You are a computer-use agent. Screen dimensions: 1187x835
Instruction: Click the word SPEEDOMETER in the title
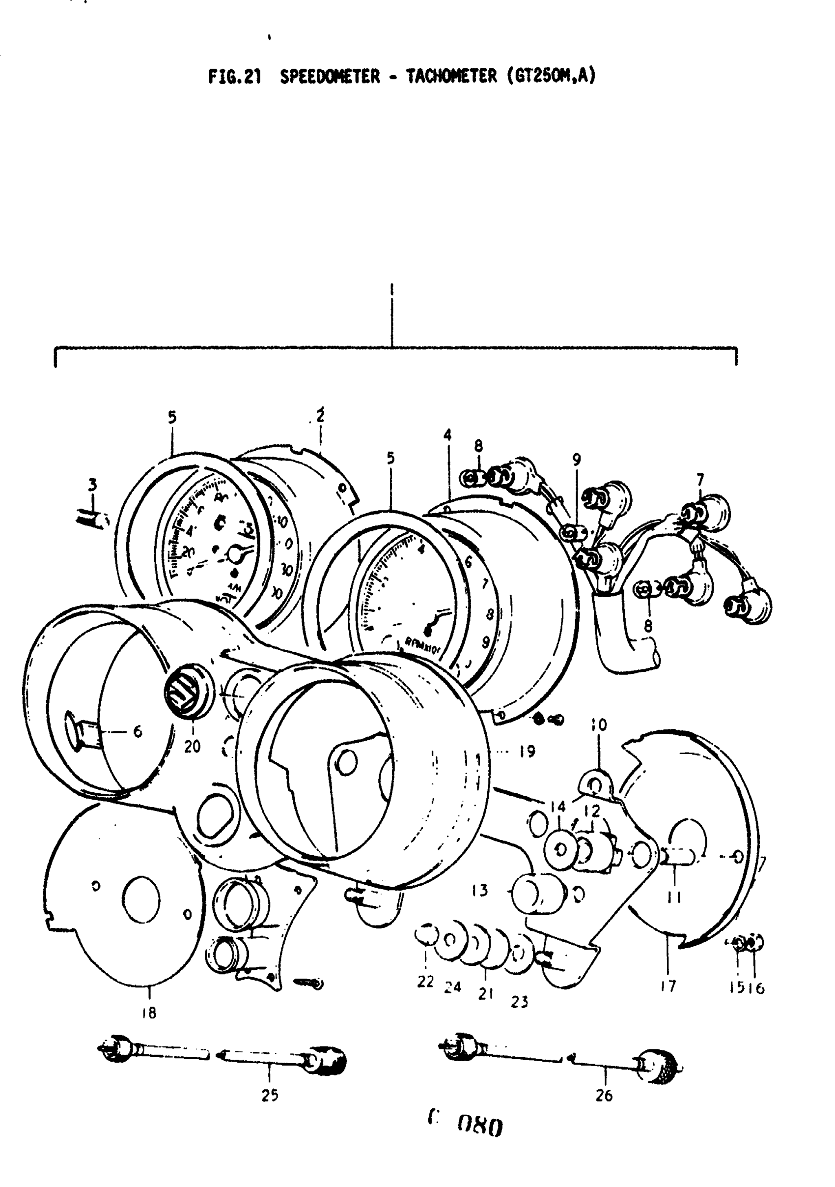[330, 77]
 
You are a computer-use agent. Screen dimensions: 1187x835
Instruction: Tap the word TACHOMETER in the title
[450, 77]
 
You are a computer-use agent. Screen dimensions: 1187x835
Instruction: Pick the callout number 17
[668, 986]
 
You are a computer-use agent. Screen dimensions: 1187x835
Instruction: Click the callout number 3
[92, 485]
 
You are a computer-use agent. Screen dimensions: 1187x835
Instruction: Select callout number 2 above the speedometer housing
[320, 416]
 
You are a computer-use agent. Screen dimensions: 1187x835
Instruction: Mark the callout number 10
[599, 725]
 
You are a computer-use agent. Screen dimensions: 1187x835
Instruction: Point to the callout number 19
[527, 751]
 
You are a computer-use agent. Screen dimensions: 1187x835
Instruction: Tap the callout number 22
[425, 982]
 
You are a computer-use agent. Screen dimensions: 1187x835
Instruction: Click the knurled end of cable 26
[659, 1066]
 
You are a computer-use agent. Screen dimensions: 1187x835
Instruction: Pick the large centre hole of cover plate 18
[141, 898]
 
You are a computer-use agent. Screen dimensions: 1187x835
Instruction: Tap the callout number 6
[138, 731]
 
